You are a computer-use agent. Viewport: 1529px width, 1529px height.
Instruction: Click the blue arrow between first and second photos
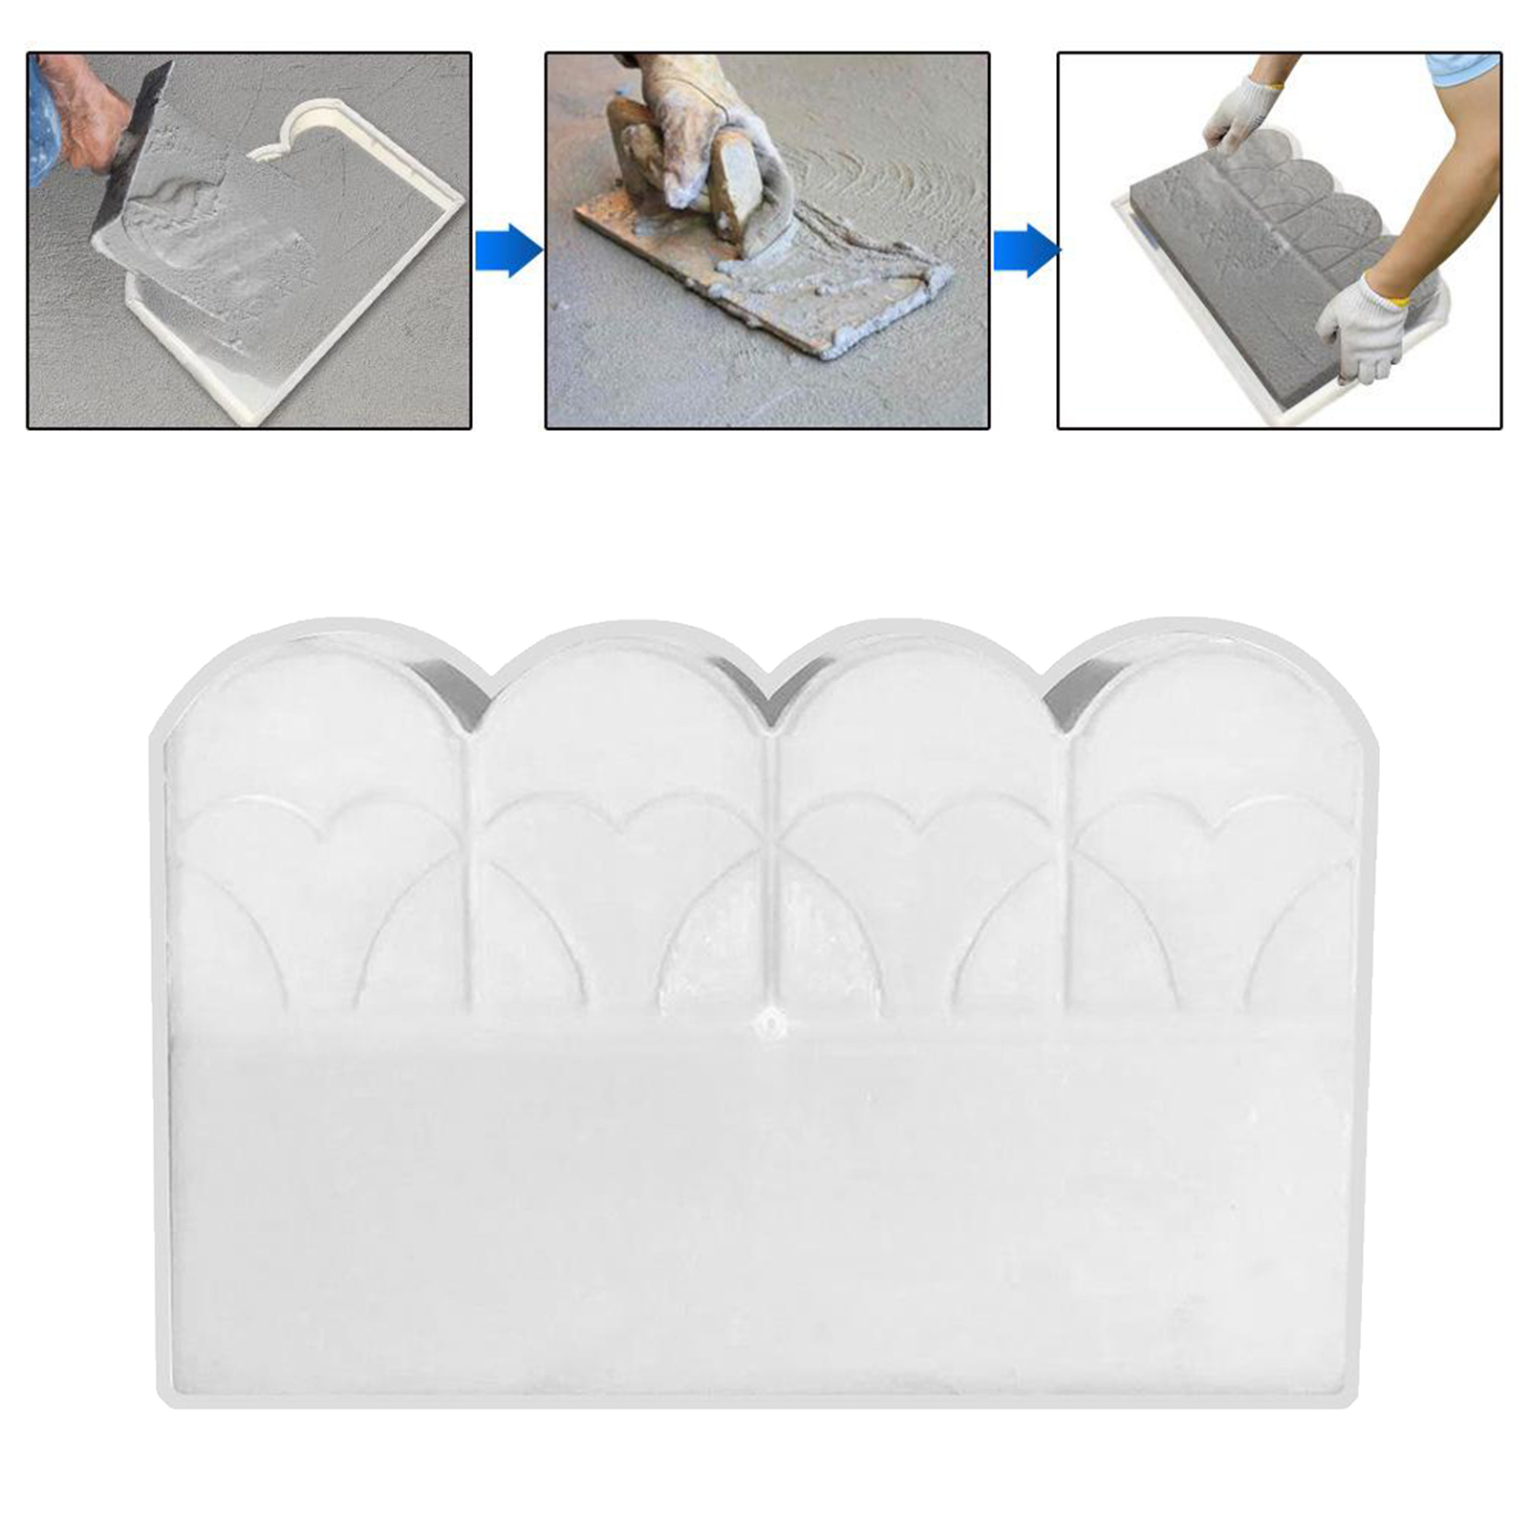(x=508, y=250)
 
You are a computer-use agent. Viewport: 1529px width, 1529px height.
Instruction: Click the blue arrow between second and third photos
(x=1025, y=251)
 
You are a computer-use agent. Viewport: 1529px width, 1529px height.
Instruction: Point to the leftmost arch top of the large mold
(x=315, y=688)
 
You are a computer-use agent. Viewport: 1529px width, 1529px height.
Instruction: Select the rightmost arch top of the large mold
(x=1214, y=688)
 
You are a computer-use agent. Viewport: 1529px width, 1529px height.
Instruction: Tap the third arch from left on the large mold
(x=917, y=688)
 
